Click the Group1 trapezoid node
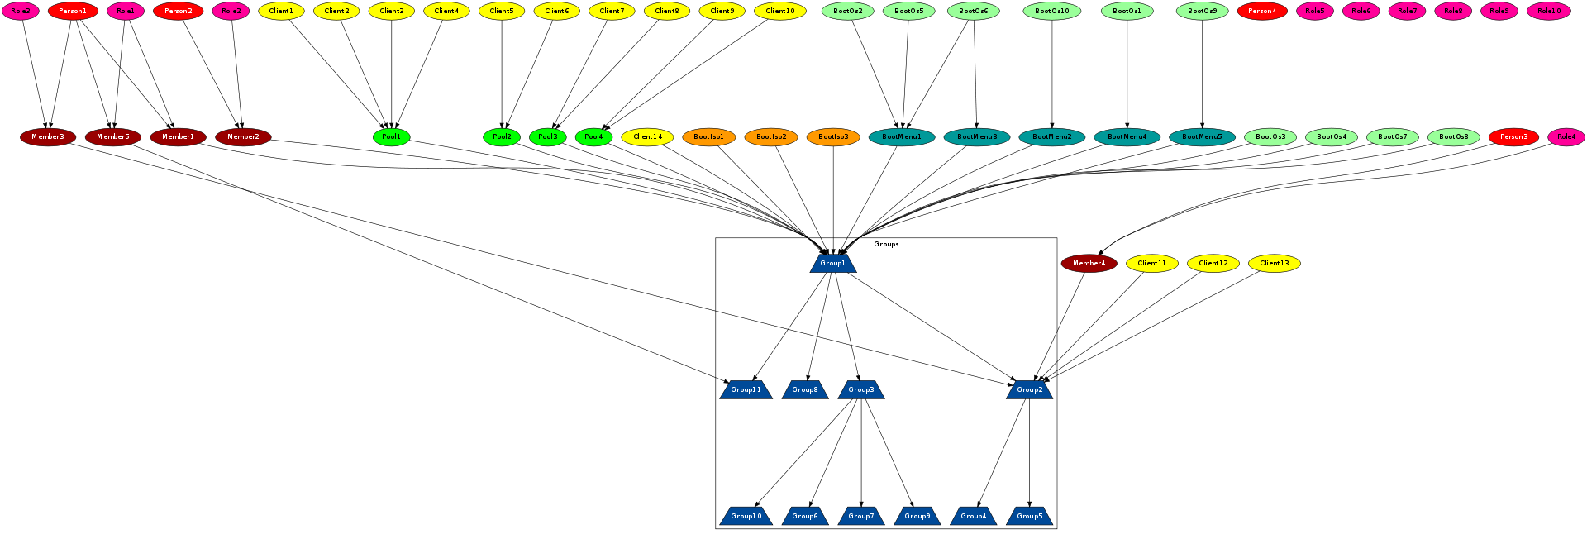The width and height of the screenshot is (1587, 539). click(x=833, y=263)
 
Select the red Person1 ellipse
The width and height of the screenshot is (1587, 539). click(x=73, y=11)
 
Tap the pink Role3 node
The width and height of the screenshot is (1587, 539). click(x=21, y=11)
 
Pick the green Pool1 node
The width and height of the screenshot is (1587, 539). click(x=391, y=136)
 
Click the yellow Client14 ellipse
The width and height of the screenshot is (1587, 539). click(x=647, y=136)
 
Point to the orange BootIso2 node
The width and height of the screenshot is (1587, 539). click(x=771, y=136)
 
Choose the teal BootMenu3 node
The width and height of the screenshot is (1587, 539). click(x=977, y=136)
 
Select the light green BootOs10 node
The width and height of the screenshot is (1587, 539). click(x=1052, y=11)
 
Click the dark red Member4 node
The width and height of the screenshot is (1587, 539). click(x=1089, y=263)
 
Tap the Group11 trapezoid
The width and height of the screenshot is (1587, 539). click(x=746, y=389)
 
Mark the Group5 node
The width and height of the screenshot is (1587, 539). click(x=1029, y=516)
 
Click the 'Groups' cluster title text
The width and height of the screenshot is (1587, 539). click(x=886, y=244)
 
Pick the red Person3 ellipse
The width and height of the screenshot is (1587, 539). click(x=1513, y=136)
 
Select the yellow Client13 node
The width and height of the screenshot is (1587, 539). click(x=1275, y=263)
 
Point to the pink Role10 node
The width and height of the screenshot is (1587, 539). click(x=1549, y=11)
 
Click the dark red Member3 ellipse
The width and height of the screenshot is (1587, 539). click(x=48, y=136)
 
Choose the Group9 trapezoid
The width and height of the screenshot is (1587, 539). click(x=917, y=516)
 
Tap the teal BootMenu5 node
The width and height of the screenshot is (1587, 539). click(x=1202, y=136)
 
